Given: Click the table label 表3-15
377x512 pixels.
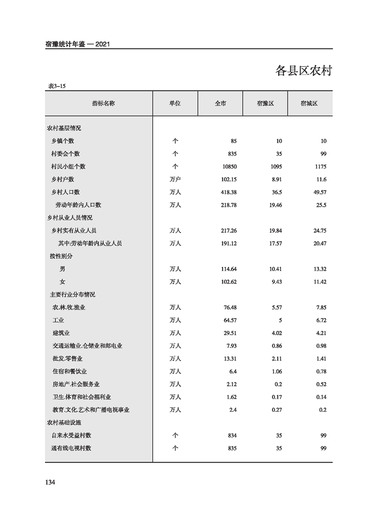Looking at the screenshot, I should (57, 86).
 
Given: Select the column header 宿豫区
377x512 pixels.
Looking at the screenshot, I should (265, 103).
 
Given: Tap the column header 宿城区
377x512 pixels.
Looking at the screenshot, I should (309, 103).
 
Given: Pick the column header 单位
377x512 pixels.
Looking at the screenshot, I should (175, 103).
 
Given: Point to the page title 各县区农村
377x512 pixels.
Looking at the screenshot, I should (303, 71).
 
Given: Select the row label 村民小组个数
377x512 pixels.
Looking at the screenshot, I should (68, 167).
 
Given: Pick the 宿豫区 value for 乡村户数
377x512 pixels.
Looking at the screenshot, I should (276, 180).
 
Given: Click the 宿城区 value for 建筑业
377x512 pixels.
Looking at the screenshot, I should (320, 333).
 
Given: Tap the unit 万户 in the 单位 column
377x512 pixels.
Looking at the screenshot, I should (175, 180).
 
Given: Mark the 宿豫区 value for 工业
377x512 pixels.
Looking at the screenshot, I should (280, 320).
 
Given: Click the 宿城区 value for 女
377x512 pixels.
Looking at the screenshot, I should (319, 282).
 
